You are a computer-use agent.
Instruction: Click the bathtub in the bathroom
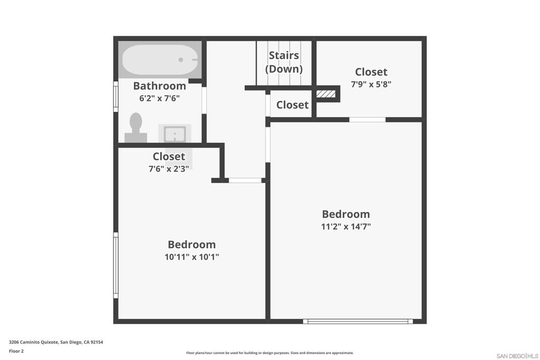click(160, 60)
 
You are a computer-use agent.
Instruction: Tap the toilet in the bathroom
click(136, 128)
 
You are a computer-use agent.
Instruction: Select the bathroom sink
click(175, 133)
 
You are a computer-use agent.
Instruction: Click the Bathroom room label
click(159, 86)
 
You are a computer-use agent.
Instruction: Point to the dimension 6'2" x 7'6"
click(159, 99)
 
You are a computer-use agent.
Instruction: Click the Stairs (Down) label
click(284, 62)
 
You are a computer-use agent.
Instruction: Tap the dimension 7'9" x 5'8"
click(371, 84)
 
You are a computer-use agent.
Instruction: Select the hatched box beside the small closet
click(326, 94)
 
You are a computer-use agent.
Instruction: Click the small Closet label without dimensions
click(292, 105)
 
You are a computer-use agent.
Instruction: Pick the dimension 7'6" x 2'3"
click(169, 169)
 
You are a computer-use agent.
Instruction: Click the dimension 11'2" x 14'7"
click(346, 227)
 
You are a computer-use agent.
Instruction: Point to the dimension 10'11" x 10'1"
click(192, 257)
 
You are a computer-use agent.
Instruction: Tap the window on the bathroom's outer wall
click(116, 96)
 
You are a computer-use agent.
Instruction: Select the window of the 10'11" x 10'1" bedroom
click(116, 265)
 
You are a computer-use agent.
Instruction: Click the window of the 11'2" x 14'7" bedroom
click(358, 322)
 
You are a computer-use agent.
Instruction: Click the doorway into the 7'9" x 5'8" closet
click(368, 120)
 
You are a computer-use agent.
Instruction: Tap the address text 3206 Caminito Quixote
click(33, 342)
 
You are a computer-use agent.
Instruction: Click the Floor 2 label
click(16, 351)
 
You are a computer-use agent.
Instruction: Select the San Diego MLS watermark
click(518, 356)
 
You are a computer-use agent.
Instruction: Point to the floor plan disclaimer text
click(270, 353)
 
